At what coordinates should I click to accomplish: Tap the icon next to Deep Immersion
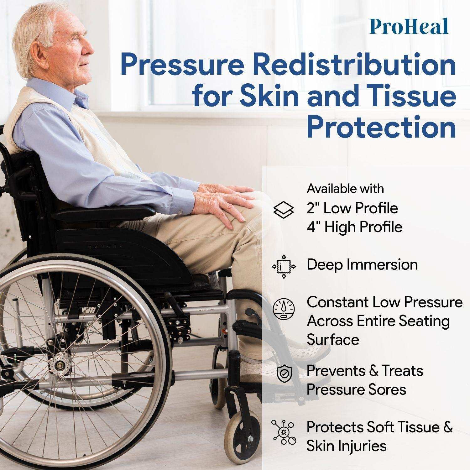point(284,266)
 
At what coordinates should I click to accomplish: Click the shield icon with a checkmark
point(284,373)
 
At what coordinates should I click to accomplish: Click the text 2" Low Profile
point(352,208)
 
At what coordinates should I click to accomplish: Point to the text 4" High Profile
point(354,227)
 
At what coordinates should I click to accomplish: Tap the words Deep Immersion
point(362,265)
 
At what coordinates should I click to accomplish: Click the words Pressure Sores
point(356,389)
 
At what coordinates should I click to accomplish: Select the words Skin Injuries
point(347,446)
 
